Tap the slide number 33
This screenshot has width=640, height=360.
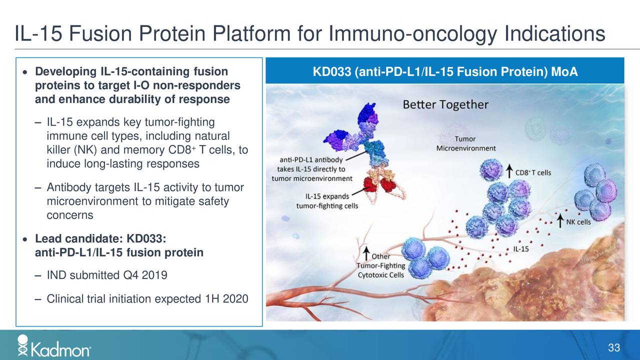[x=614, y=348]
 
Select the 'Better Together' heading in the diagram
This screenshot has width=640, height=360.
[x=445, y=105]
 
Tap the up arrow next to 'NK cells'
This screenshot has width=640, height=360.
[x=562, y=221]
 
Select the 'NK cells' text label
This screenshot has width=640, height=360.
[x=579, y=221]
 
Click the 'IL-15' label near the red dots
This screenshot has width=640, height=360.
[x=522, y=248]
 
